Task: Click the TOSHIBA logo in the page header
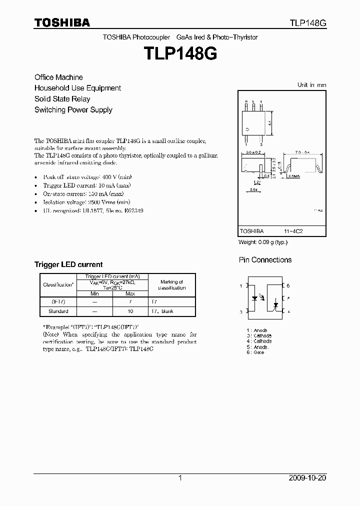62,22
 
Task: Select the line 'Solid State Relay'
62,99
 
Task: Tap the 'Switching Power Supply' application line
73,110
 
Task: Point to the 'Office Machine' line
58,77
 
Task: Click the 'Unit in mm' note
311,85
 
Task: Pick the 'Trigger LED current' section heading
68,264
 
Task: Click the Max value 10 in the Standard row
130,311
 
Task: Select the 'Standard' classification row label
58,311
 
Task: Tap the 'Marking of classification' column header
171,285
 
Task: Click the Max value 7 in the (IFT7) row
130,302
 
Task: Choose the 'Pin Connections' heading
265,260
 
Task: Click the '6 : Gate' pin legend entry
255,352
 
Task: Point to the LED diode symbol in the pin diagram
255,298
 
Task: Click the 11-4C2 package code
294,231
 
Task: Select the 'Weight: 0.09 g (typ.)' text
263,242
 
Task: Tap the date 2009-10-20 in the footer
307,478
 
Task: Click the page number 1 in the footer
180,478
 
